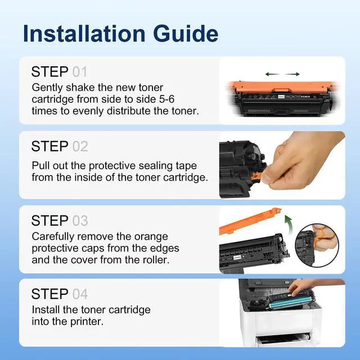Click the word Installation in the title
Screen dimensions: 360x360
click(84, 34)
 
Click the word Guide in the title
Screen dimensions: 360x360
click(186, 34)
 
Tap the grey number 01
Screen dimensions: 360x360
click(80, 72)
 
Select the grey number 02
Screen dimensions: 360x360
click(80, 146)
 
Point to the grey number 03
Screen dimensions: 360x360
click(80, 221)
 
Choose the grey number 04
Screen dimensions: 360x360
click(80, 294)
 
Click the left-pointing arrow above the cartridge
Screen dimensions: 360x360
click(272, 74)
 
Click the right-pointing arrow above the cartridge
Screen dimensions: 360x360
click(292, 74)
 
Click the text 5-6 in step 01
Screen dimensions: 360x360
click(166, 99)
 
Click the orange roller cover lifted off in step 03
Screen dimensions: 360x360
click(250, 221)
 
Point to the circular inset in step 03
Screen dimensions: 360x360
click(317, 245)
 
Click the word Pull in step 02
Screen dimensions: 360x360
click(40, 165)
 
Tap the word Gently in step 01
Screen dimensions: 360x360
click(47, 88)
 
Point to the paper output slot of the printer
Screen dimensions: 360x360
click(283, 339)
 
